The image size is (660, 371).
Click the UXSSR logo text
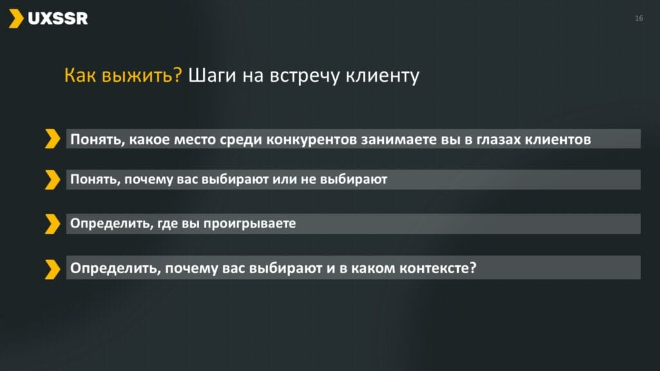pyautogui.click(x=57, y=19)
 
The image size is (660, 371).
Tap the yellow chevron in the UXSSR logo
pyautogui.click(x=16, y=19)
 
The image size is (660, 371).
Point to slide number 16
pyautogui.click(x=639, y=18)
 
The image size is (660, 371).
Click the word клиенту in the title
pyautogui.click(x=382, y=76)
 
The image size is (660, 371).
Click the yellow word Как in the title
pyautogui.click(x=80, y=75)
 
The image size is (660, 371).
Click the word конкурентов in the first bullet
pyautogui.click(x=311, y=139)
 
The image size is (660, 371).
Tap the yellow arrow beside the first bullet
pyautogui.click(x=53, y=138)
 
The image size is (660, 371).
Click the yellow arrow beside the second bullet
pyautogui.click(x=53, y=180)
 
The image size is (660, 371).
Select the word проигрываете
pyautogui.click(x=249, y=224)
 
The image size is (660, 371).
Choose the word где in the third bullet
pyautogui.click(x=168, y=224)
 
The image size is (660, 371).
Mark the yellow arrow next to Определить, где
pyautogui.click(x=53, y=224)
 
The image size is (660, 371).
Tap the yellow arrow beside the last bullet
pyautogui.click(x=53, y=269)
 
